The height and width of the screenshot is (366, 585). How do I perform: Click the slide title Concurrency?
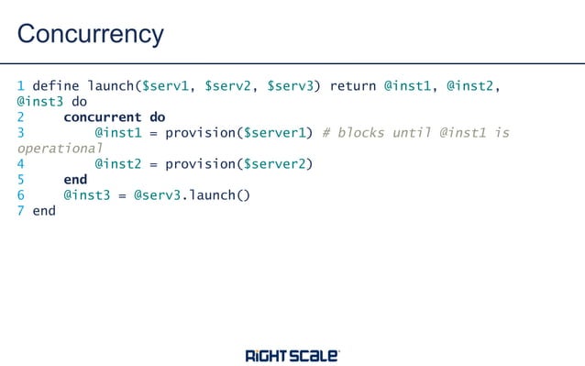(90, 34)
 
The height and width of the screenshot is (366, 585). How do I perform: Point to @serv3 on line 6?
(153, 195)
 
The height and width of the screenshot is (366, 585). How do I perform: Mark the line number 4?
(21, 164)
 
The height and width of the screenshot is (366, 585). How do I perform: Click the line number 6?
(21, 195)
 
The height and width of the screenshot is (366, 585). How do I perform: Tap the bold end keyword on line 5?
(75, 180)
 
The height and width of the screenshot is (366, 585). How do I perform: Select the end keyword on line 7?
(44, 211)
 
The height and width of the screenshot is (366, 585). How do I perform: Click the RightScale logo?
(292, 355)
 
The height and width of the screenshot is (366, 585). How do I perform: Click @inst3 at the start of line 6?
(87, 195)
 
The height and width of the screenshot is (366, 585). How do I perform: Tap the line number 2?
(21, 117)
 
